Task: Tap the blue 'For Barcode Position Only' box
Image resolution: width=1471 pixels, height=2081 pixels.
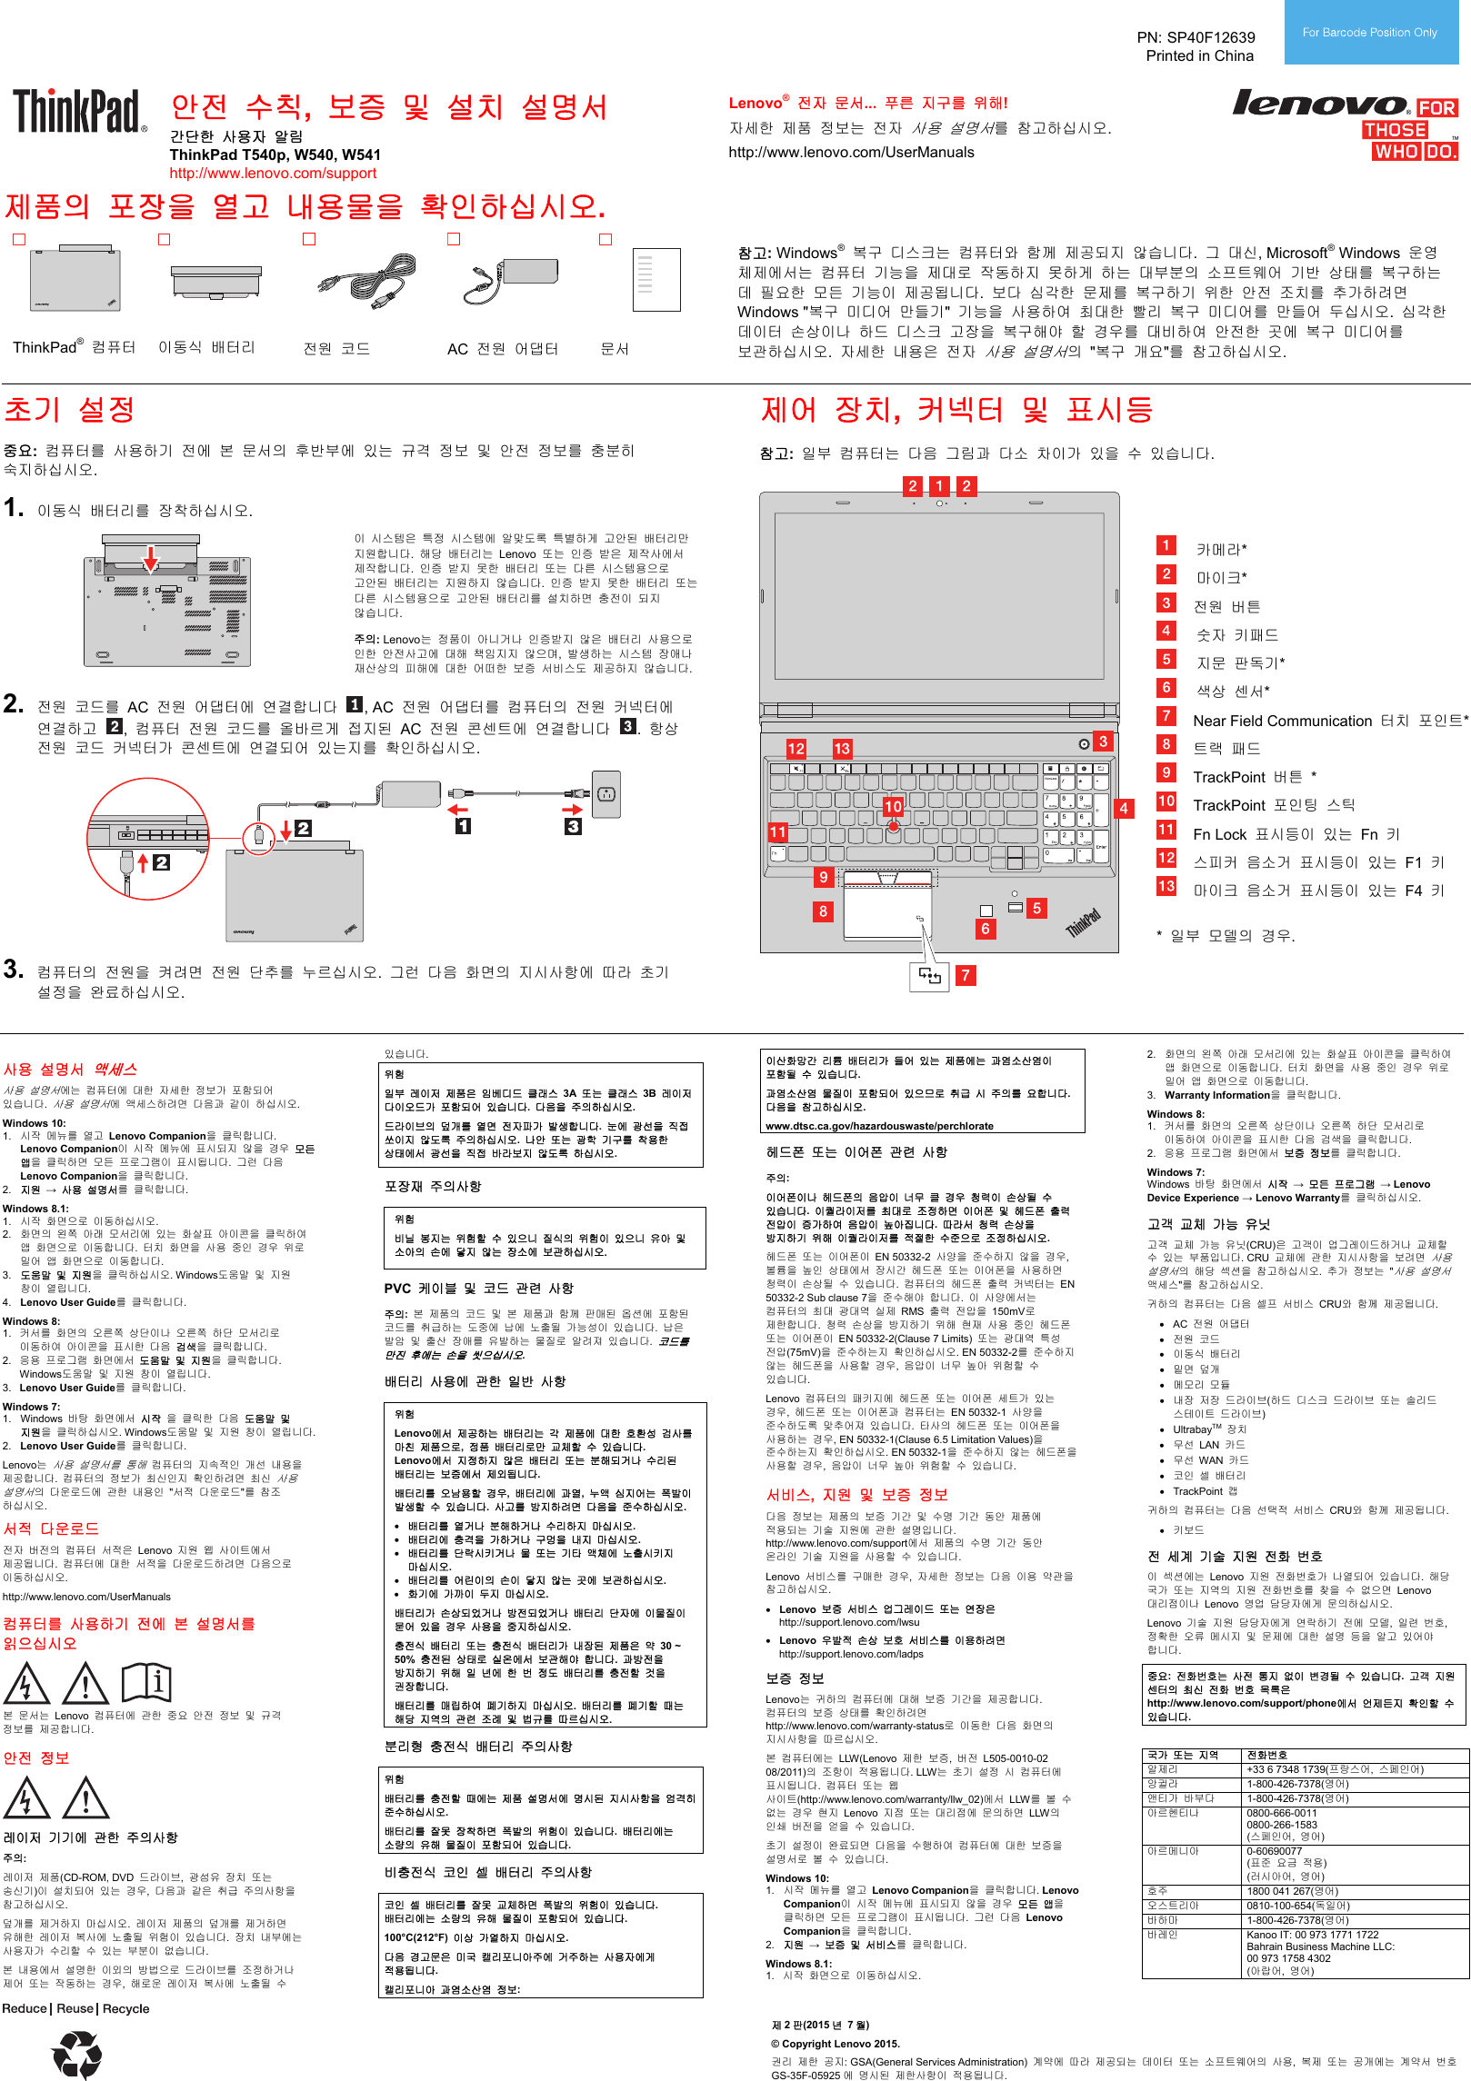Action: (1369, 33)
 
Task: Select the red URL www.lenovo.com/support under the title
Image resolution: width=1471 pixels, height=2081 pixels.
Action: (273, 173)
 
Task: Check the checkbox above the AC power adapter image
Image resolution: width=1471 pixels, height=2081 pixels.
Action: (454, 239)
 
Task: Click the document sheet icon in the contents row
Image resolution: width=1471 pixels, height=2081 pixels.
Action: (655, 280)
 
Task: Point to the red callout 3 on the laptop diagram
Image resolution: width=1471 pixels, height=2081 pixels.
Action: (1103, 742)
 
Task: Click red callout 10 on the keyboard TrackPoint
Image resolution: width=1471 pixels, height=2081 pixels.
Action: (893, 806)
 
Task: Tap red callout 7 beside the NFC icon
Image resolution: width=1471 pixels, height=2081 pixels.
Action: (966, 975)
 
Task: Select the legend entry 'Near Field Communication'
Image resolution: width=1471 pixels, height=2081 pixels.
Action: (1282, 721)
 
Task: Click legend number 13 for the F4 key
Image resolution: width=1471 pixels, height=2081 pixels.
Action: (1166, 886)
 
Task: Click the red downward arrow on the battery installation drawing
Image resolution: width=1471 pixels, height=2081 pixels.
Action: (151, 559)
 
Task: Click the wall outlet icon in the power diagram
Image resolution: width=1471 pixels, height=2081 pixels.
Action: (606, 794)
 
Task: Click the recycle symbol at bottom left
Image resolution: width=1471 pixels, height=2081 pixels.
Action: (76, 2052)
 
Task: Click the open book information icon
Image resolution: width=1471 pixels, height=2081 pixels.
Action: (147, 1682)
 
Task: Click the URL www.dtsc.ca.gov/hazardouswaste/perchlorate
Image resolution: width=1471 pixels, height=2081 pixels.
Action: (879, 1126)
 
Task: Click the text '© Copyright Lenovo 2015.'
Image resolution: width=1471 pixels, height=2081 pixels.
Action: (835, 2044)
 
